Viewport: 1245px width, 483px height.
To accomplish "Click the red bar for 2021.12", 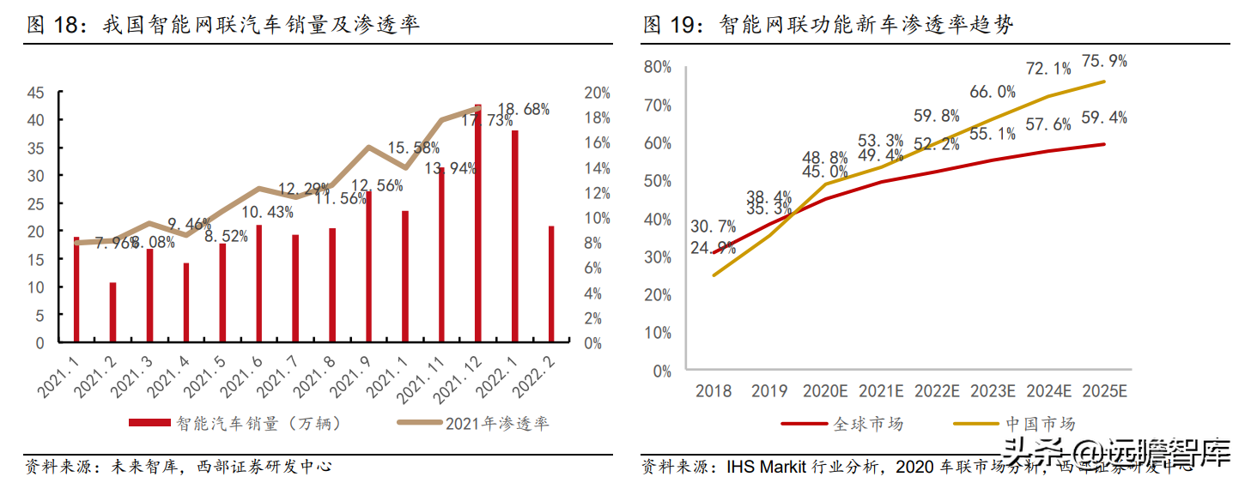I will pyautogui.click(x=478, y=223).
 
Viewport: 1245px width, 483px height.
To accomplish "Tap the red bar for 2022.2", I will pyautogui.click(x=551, y=283).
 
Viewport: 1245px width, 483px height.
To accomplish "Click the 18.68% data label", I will pyautogui.click(x=524, y=109).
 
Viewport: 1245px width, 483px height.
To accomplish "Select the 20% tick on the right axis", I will pyautogui.click(x=597, y=93).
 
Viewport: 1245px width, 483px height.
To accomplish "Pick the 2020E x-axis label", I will pyautogui.click(x=826, y=391).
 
